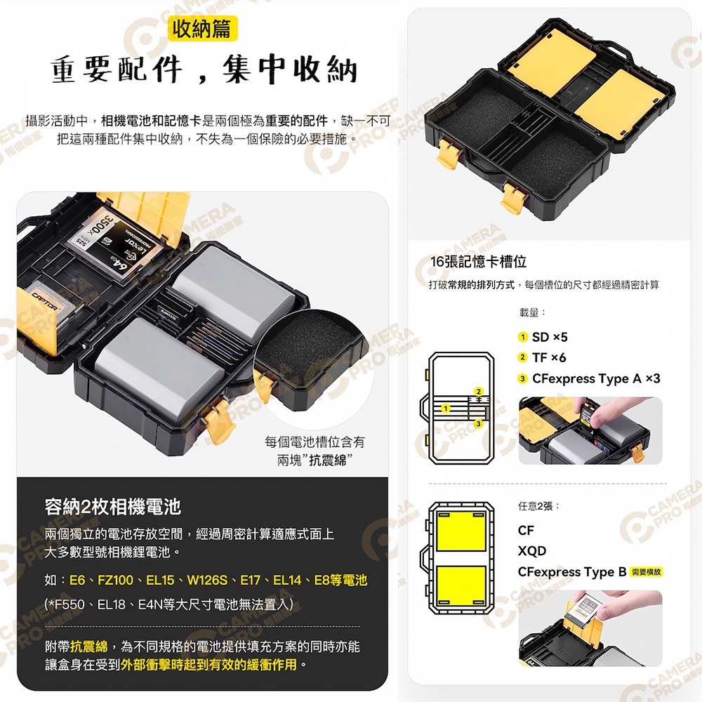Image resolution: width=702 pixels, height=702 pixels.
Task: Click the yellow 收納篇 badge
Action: click(202, 29)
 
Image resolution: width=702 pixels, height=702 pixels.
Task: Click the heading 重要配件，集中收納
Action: click(204, 69)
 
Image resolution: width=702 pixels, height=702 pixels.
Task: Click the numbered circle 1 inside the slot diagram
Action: click(445, 409)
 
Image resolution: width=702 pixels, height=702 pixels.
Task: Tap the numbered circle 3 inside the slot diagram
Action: click(478, 423)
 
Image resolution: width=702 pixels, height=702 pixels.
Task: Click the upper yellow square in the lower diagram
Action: click(461, 531)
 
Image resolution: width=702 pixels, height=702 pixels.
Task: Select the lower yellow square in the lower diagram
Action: click(461, 586)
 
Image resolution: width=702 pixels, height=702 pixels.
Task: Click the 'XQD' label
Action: click(532, 550)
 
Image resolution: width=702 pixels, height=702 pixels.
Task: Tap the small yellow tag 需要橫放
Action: click(646, 571)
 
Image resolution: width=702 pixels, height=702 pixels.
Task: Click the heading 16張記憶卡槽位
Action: click(478, 262)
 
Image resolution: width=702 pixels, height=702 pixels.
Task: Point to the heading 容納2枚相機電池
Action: click(113, 507)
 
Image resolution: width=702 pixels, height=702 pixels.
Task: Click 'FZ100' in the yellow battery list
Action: click(116, 581)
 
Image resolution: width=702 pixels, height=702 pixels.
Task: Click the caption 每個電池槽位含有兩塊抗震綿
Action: click(314, 451)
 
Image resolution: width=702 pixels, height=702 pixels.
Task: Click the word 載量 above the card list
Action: click(529, 312)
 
